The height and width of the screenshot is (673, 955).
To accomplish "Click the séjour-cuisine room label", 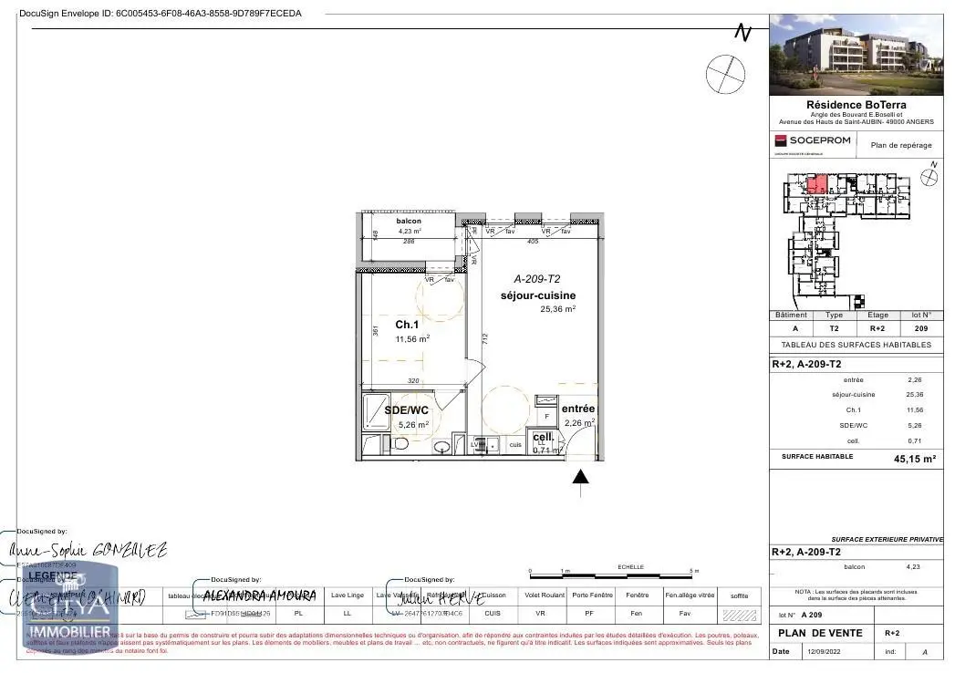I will (x=537, y=295).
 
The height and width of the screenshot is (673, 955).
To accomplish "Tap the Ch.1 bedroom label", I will (x=407, y=325).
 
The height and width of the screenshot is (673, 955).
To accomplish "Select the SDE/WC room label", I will (x=407, y=410).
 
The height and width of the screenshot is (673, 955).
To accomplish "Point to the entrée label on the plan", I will (x=577, y=409).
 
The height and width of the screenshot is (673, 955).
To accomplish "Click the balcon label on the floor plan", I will (x=408, y=222).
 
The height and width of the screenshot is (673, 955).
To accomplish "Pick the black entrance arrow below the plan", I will (x=580, y=478).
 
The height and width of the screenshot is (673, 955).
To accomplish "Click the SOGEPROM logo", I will (x=813, y=140).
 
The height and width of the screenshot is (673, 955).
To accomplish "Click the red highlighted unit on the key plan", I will (x=817, y=184).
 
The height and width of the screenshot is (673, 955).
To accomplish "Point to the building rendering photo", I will (x=856, y=55).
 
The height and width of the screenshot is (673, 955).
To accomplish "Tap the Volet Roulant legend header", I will (x=543, y=595).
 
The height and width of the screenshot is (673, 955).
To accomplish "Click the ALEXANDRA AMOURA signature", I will (x=259, y=595).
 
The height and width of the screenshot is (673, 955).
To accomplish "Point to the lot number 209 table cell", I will (x=921, y=328).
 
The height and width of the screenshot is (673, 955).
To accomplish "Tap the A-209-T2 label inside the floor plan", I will (x=537, y=279).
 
